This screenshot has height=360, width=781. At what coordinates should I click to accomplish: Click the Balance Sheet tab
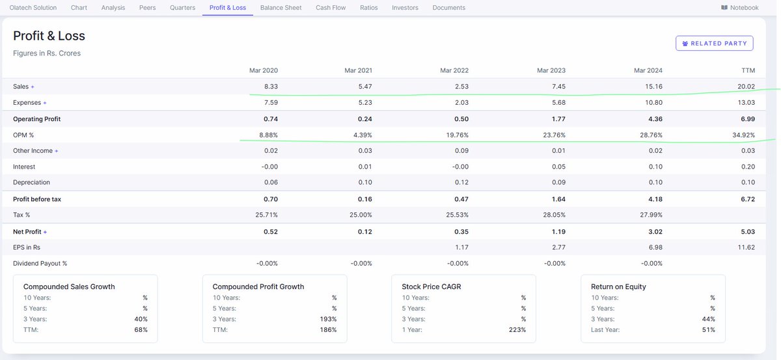click(x=281, y=8)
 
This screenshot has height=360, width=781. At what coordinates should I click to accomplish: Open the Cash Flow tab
click(x=331, y=8)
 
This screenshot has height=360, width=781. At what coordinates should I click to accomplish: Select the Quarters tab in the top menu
click(x=182, y=8)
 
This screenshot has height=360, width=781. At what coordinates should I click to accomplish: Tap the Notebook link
click(x=739, y=8)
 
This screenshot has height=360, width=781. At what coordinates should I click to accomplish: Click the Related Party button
click(x=715, y=43)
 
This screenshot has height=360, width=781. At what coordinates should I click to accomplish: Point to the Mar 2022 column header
click(x=454, y=70)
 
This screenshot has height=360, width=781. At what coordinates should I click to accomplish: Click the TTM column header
click(x=748, y=70)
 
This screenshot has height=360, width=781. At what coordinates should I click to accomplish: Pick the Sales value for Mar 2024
click(x=653, y=87)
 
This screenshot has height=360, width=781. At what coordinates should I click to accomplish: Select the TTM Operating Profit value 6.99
click(x=748, y=119)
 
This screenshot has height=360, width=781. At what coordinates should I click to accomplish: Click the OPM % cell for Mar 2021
click(x=363, y=135)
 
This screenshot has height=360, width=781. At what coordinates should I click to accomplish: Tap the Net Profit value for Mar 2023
click(x=558, y=232)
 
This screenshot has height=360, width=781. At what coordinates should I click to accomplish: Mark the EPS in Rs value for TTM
click(x=746, y=247)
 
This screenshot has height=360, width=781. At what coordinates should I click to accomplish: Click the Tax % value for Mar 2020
click(x=266, y=215)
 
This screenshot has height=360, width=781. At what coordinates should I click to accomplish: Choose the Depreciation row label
click(x=31, y=182)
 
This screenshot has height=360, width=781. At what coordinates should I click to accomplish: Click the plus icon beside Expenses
click(x=45, y=103)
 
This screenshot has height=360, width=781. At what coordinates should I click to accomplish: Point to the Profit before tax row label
click(x=37, y=199)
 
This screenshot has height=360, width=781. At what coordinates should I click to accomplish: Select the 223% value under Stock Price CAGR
click(x=517, y=329)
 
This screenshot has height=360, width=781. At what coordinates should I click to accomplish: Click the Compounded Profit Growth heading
click(x=258, y=286)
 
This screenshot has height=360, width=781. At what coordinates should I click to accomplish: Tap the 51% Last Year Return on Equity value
click(x=709, y=329)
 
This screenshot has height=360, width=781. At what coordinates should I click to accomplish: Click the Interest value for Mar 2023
click(x=558, y=167)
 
